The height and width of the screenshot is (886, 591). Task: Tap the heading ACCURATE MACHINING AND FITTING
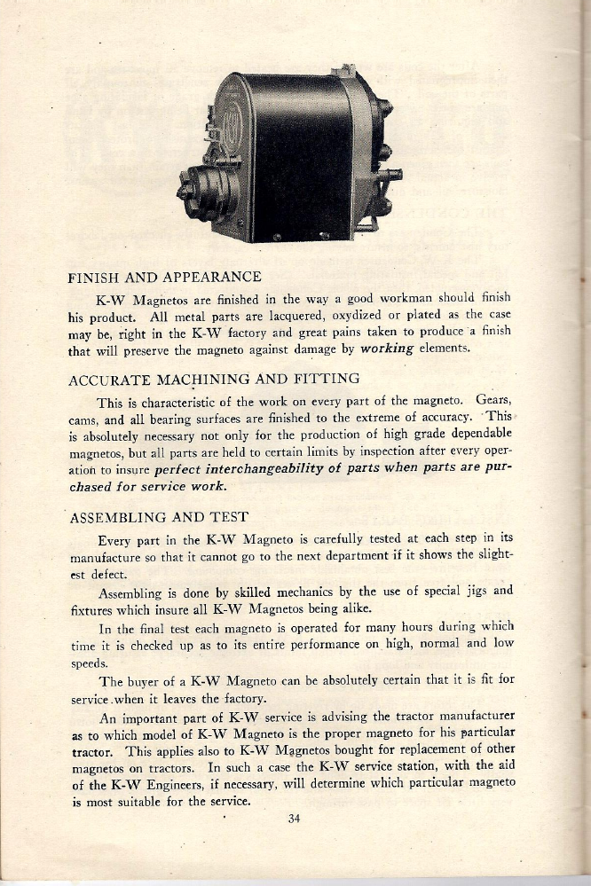213,379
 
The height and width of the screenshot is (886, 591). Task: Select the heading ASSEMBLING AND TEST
157,516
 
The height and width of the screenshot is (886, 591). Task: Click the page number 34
295,819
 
